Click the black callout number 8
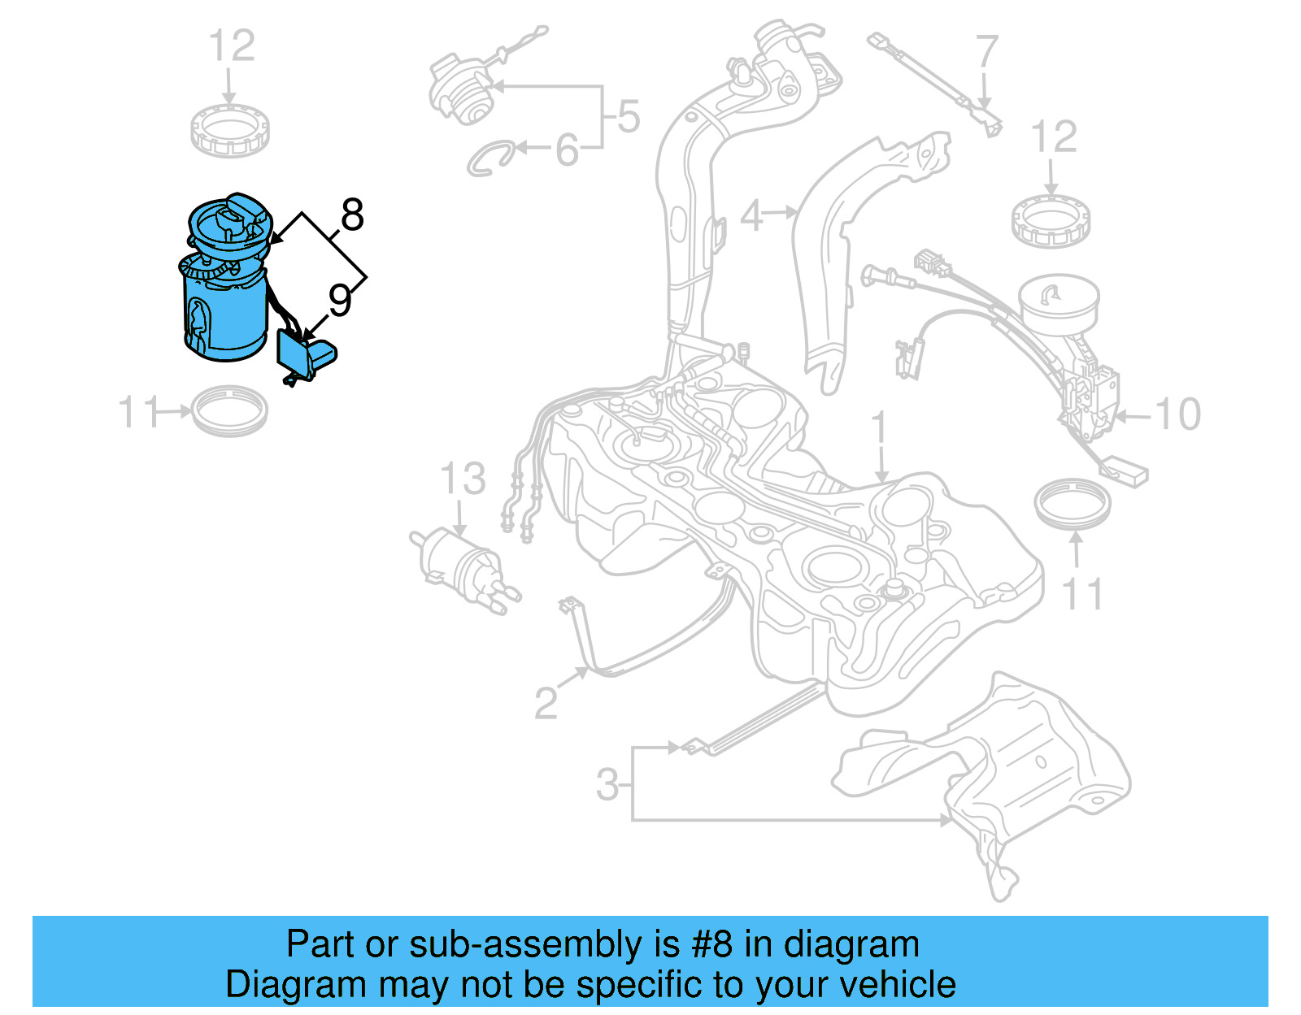point(351,216)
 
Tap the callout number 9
point(340,300)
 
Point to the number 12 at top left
point(232,46)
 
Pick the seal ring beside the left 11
point(230,410)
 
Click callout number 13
point(463,479)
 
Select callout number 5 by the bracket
point(628,117)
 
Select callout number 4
point(751,215)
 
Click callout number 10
point(1177,415)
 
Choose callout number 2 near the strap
point(546,702)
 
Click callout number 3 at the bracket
point(607,785)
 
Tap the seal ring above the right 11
point(1073,503)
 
